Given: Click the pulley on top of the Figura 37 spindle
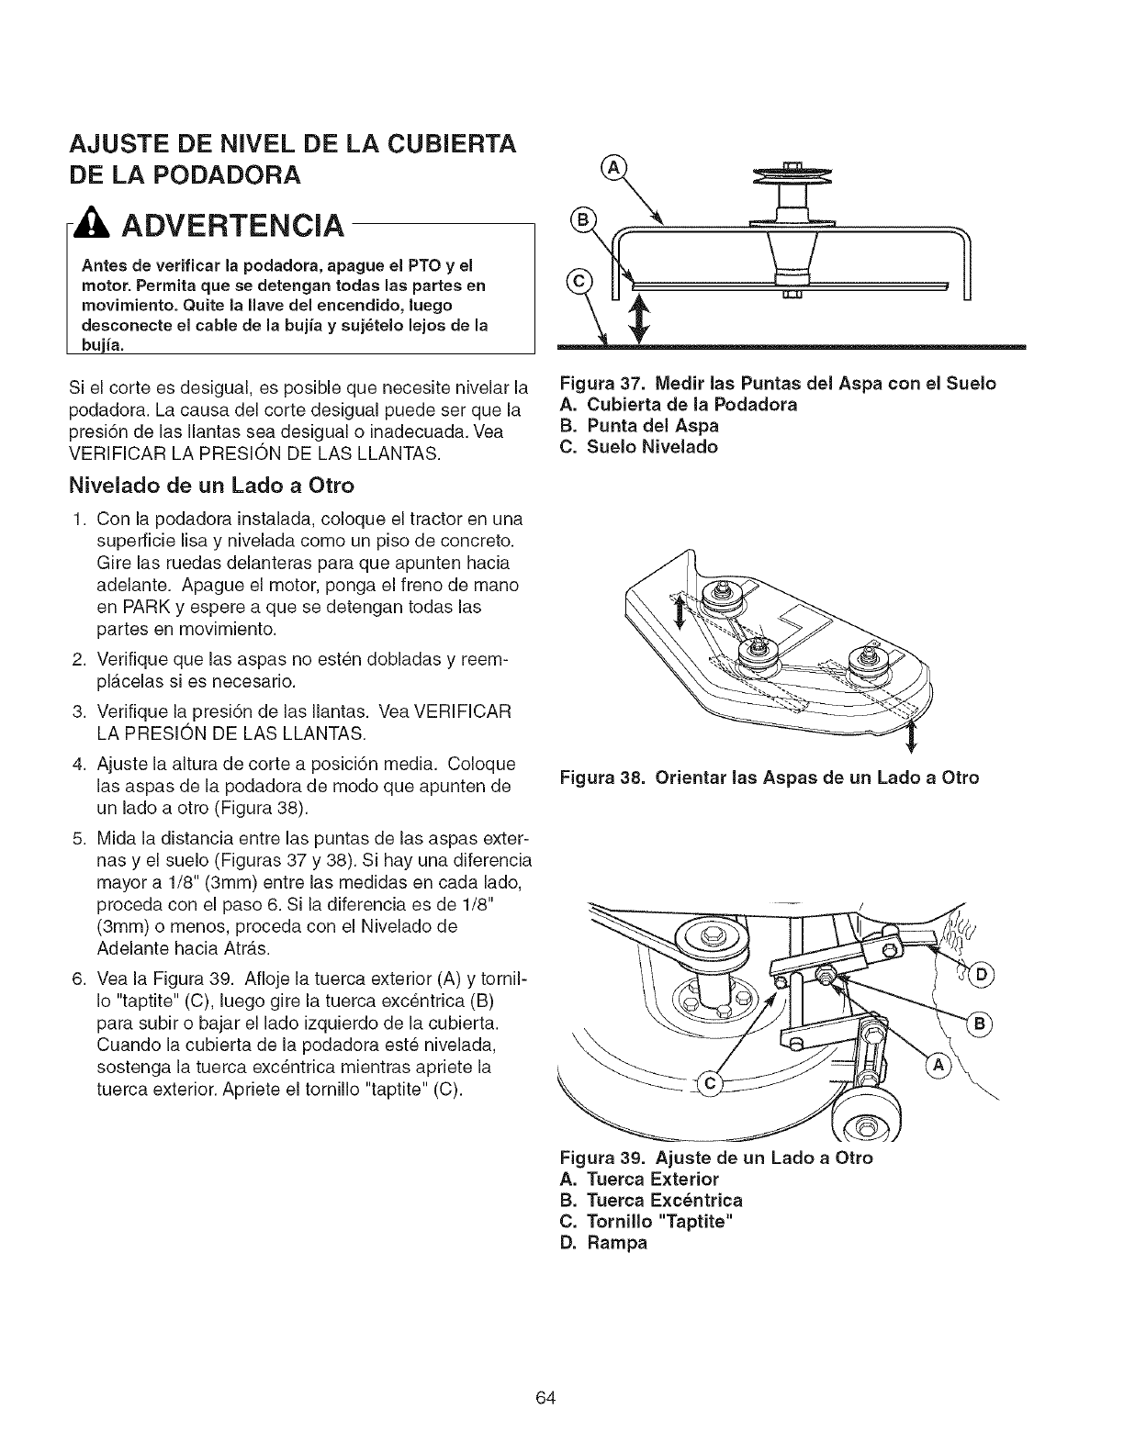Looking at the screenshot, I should (789, 177).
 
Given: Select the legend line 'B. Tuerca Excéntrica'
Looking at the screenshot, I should (651, 1200).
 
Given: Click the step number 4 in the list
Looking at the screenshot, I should (78, 764).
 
